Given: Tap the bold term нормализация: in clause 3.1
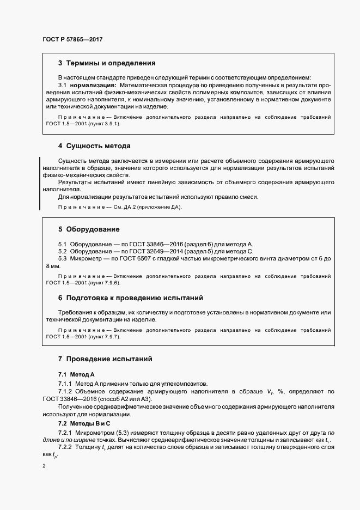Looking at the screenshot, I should click(93, 86).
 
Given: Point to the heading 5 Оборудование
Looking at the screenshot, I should click(89, 229).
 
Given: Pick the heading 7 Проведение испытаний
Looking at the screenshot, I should click(106, 359).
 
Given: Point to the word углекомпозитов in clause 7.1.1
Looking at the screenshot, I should click(183, 384).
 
